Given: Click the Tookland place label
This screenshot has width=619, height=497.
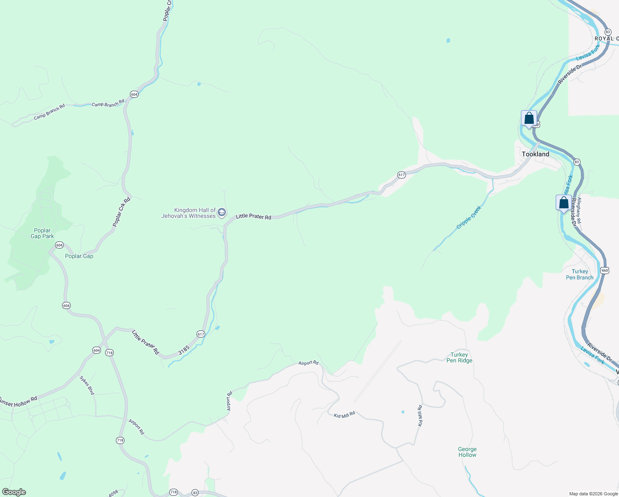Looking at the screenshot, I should tap(535, 154).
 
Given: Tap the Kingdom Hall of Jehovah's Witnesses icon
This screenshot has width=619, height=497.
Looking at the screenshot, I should tap(222, 213).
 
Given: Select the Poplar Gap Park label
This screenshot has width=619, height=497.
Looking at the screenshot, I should tap(42, 234).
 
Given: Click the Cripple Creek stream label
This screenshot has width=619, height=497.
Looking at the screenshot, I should tap(469, 217).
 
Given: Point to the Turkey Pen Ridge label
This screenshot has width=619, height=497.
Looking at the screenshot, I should tap(459, 357).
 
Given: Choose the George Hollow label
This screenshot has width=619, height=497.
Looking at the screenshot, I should tap(467, 452).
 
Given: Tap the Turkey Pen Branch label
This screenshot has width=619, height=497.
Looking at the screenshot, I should tap(579, 275).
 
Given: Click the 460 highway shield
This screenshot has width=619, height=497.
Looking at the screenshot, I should tap(605, 270).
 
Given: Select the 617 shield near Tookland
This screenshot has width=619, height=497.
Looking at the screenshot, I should tap(401, 175).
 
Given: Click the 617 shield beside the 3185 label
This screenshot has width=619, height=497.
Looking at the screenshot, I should tap(201, 334).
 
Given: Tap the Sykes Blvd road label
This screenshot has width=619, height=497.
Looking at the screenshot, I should tap(87, 386).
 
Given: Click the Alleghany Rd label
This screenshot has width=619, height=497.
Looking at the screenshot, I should tap(579, 210).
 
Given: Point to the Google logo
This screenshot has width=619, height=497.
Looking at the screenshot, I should tap(14, 492).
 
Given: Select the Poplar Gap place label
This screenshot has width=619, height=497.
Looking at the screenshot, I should tap(79, 256).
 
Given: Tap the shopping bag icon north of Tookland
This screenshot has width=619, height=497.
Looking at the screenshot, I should tap(529, 119).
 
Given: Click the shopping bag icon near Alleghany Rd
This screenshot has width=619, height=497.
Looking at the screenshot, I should tap(564, 203).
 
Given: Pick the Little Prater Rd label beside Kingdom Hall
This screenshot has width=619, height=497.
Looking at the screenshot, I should tap(253, 217).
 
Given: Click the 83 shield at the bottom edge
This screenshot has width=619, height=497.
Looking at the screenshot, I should tap(195, 493).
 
